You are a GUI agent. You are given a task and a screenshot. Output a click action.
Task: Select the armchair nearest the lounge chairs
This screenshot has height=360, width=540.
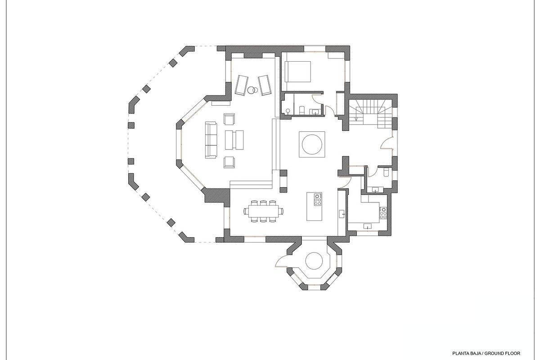[x=229, y=119]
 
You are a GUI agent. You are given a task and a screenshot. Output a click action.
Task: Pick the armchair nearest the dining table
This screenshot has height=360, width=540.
[x=229, y=161]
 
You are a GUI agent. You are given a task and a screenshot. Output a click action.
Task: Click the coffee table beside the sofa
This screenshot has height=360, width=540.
[x=234, y=139]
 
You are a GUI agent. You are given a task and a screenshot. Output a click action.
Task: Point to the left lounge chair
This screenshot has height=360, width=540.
[x=242, y=84]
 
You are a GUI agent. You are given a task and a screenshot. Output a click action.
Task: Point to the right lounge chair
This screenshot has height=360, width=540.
[x=264, y=84]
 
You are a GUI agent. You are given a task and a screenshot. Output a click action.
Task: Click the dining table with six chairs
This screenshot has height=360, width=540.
[x=264, y=211]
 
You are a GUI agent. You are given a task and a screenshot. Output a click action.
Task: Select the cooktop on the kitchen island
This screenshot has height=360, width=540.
[x=317, y=198]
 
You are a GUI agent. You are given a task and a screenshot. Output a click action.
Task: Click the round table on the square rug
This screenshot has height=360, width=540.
[x=312, y=144]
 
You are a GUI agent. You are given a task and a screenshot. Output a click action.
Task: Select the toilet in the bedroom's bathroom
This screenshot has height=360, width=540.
[x=302, y=109]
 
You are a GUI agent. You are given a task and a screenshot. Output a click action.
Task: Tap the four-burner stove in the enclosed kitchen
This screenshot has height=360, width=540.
[x=383, y=213]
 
